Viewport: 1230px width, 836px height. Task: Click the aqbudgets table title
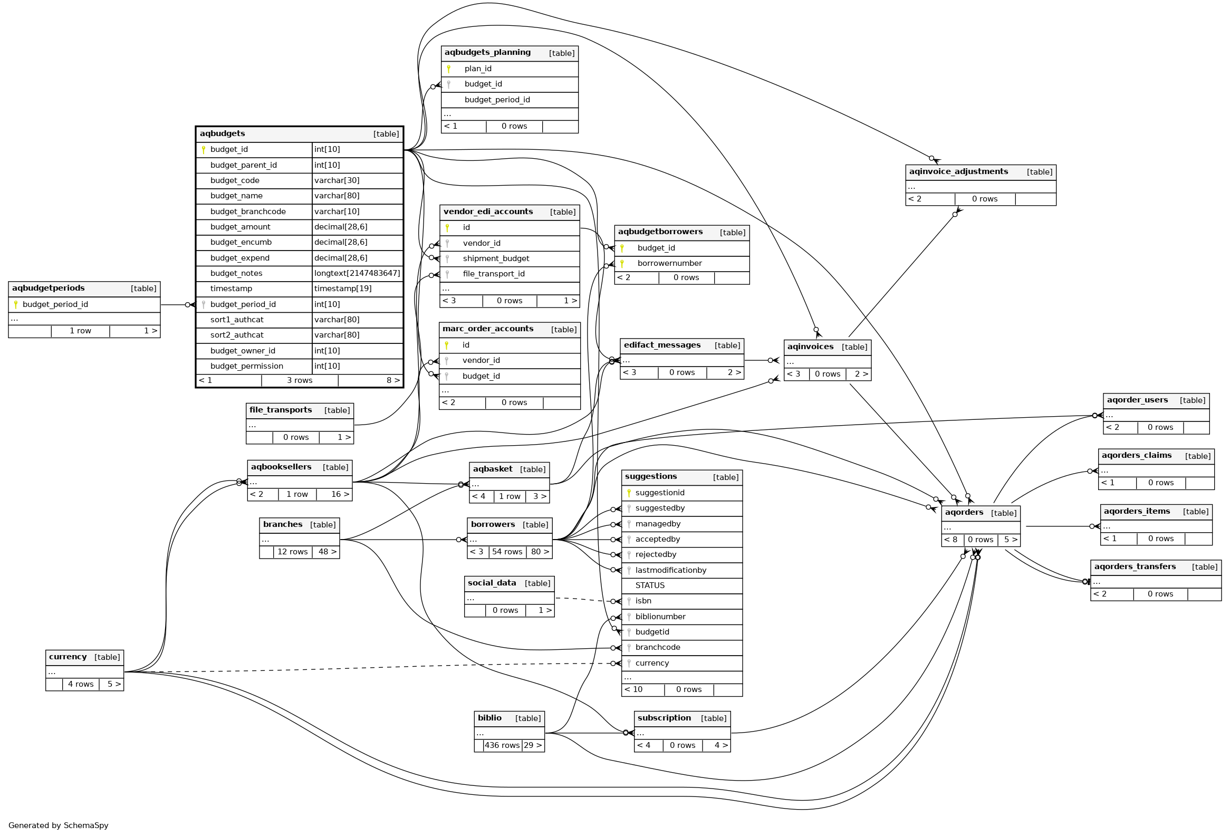(x=222, y=134)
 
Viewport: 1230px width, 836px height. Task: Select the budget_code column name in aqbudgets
(x=235, y=180)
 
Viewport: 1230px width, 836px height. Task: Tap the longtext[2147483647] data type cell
(x=357, y=274)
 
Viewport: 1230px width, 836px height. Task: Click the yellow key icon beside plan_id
(x=448, y=69)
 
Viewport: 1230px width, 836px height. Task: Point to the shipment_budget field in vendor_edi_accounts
(x=495, y=259)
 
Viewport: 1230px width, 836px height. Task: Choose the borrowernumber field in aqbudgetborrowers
(x=669, y=264)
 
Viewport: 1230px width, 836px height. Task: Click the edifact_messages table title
(x=661, y=345)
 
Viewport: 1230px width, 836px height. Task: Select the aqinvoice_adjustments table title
(x=958, y=172)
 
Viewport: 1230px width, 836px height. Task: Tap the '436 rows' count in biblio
(x=502, y=745)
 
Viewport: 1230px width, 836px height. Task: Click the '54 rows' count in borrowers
(x=506, y=552)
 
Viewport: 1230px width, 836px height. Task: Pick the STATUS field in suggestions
(x=649, y=586)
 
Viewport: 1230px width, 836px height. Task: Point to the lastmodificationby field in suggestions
(x=670, y=570)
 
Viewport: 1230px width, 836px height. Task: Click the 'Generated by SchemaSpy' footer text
(x=58, y=825)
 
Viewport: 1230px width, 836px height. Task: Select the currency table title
(x=68, y=657)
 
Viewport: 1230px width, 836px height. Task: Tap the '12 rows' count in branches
(x=292, y=552)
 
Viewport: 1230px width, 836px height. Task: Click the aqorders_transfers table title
(x=1135, y=566)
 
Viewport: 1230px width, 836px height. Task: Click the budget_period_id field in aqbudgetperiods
(x=55, y=305)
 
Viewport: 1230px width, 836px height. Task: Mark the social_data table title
(x=492, y=583)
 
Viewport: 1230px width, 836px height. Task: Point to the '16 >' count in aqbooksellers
(x=340, y=495)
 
